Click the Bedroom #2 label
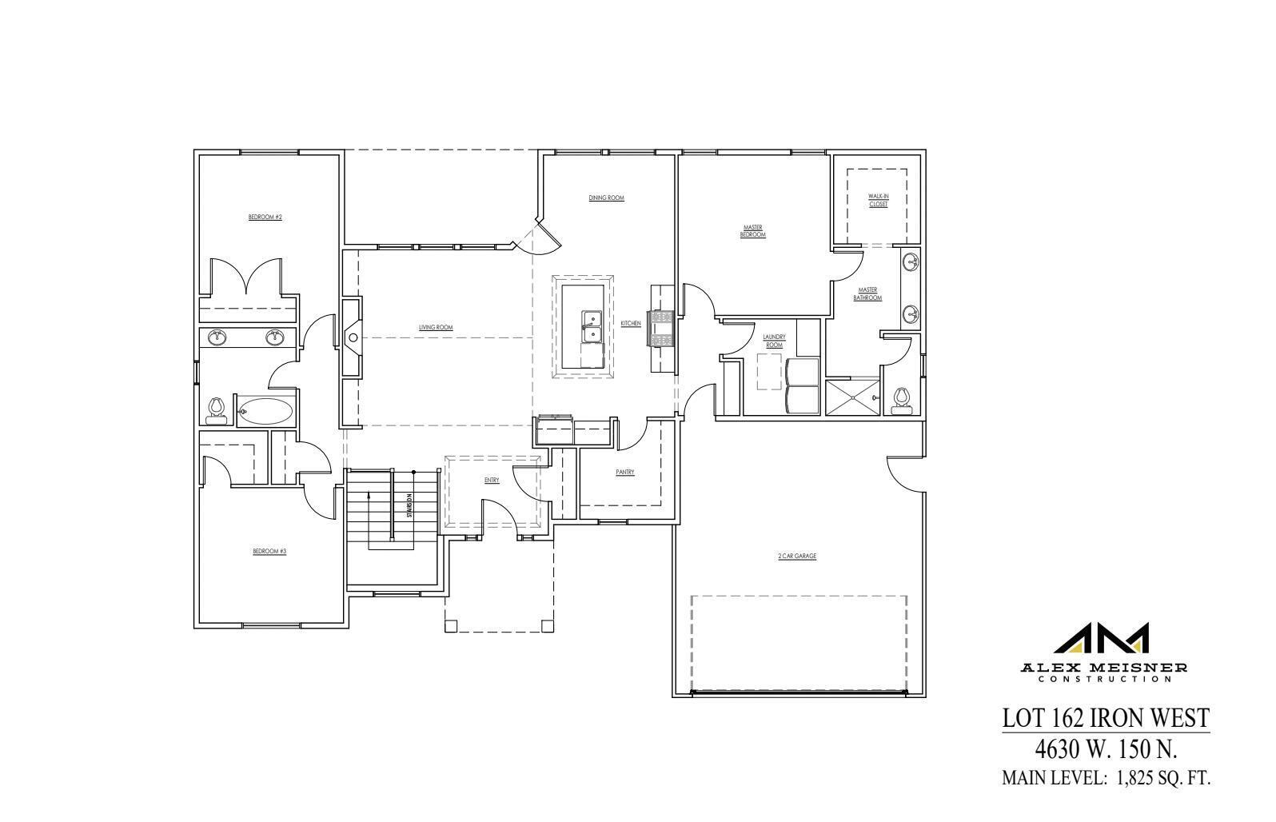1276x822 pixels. (265, 217)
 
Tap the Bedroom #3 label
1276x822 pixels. (269, 551)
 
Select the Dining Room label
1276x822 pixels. (606, 198)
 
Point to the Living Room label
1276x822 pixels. (436, 327)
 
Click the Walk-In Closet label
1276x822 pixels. (878, 200)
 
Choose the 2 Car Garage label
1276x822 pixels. (797, 556)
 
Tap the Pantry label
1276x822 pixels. (624, 473)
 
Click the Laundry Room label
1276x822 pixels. (774, 341)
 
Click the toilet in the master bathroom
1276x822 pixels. (903, 400)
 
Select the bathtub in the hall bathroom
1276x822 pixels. (265, 412)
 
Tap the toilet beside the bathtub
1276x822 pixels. (214, 410)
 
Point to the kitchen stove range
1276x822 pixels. (663, 328)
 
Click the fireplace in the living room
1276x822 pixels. (352, 337)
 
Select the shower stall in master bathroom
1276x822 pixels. (852, 397)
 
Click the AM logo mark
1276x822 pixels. (1103, 639)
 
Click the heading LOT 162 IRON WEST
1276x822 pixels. (1106, 718)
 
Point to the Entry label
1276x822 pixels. (491, 480)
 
